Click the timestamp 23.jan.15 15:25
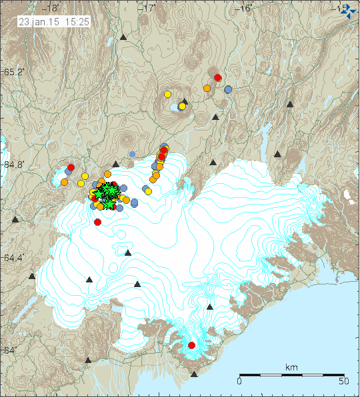tap(55, 21)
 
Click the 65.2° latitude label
tap(12, 72)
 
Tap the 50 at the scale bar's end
tap(344, 382)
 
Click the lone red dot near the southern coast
tap(191, 345)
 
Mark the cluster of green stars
tap(106, 193)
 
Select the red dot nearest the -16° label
tap(217, 77)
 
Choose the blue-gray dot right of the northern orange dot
tap(228, 89)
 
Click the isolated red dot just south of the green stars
tap(98, 222)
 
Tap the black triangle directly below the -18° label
tap(123, 38)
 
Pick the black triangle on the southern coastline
tap(194, 374)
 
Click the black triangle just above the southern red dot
tap(210, 307)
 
